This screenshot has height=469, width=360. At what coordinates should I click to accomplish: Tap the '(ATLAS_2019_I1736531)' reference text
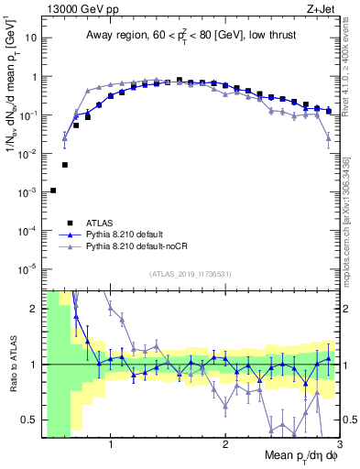[191, 273]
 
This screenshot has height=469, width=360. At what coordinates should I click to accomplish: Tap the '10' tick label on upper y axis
[32, 39]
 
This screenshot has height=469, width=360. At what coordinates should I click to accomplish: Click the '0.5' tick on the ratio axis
[30, 420]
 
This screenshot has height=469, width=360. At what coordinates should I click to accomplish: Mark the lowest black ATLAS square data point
[53, 191]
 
